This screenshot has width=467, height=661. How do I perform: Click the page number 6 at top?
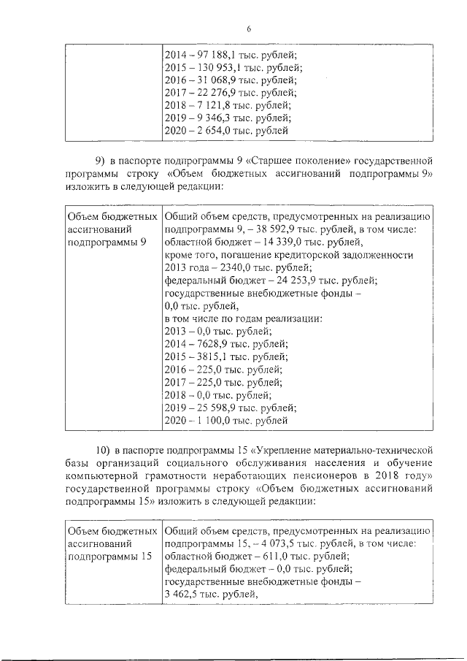[x=248, y=28]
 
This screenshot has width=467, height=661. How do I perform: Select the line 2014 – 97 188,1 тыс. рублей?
[x=231, y=55]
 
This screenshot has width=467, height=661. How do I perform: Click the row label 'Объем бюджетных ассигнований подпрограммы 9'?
[x=111, y=229]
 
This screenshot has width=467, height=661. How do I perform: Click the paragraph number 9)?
[x=100, y=160]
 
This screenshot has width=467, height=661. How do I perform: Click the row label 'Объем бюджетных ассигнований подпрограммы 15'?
[x=111, y=543]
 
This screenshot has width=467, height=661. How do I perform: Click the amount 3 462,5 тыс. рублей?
[x=212, y=594]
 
